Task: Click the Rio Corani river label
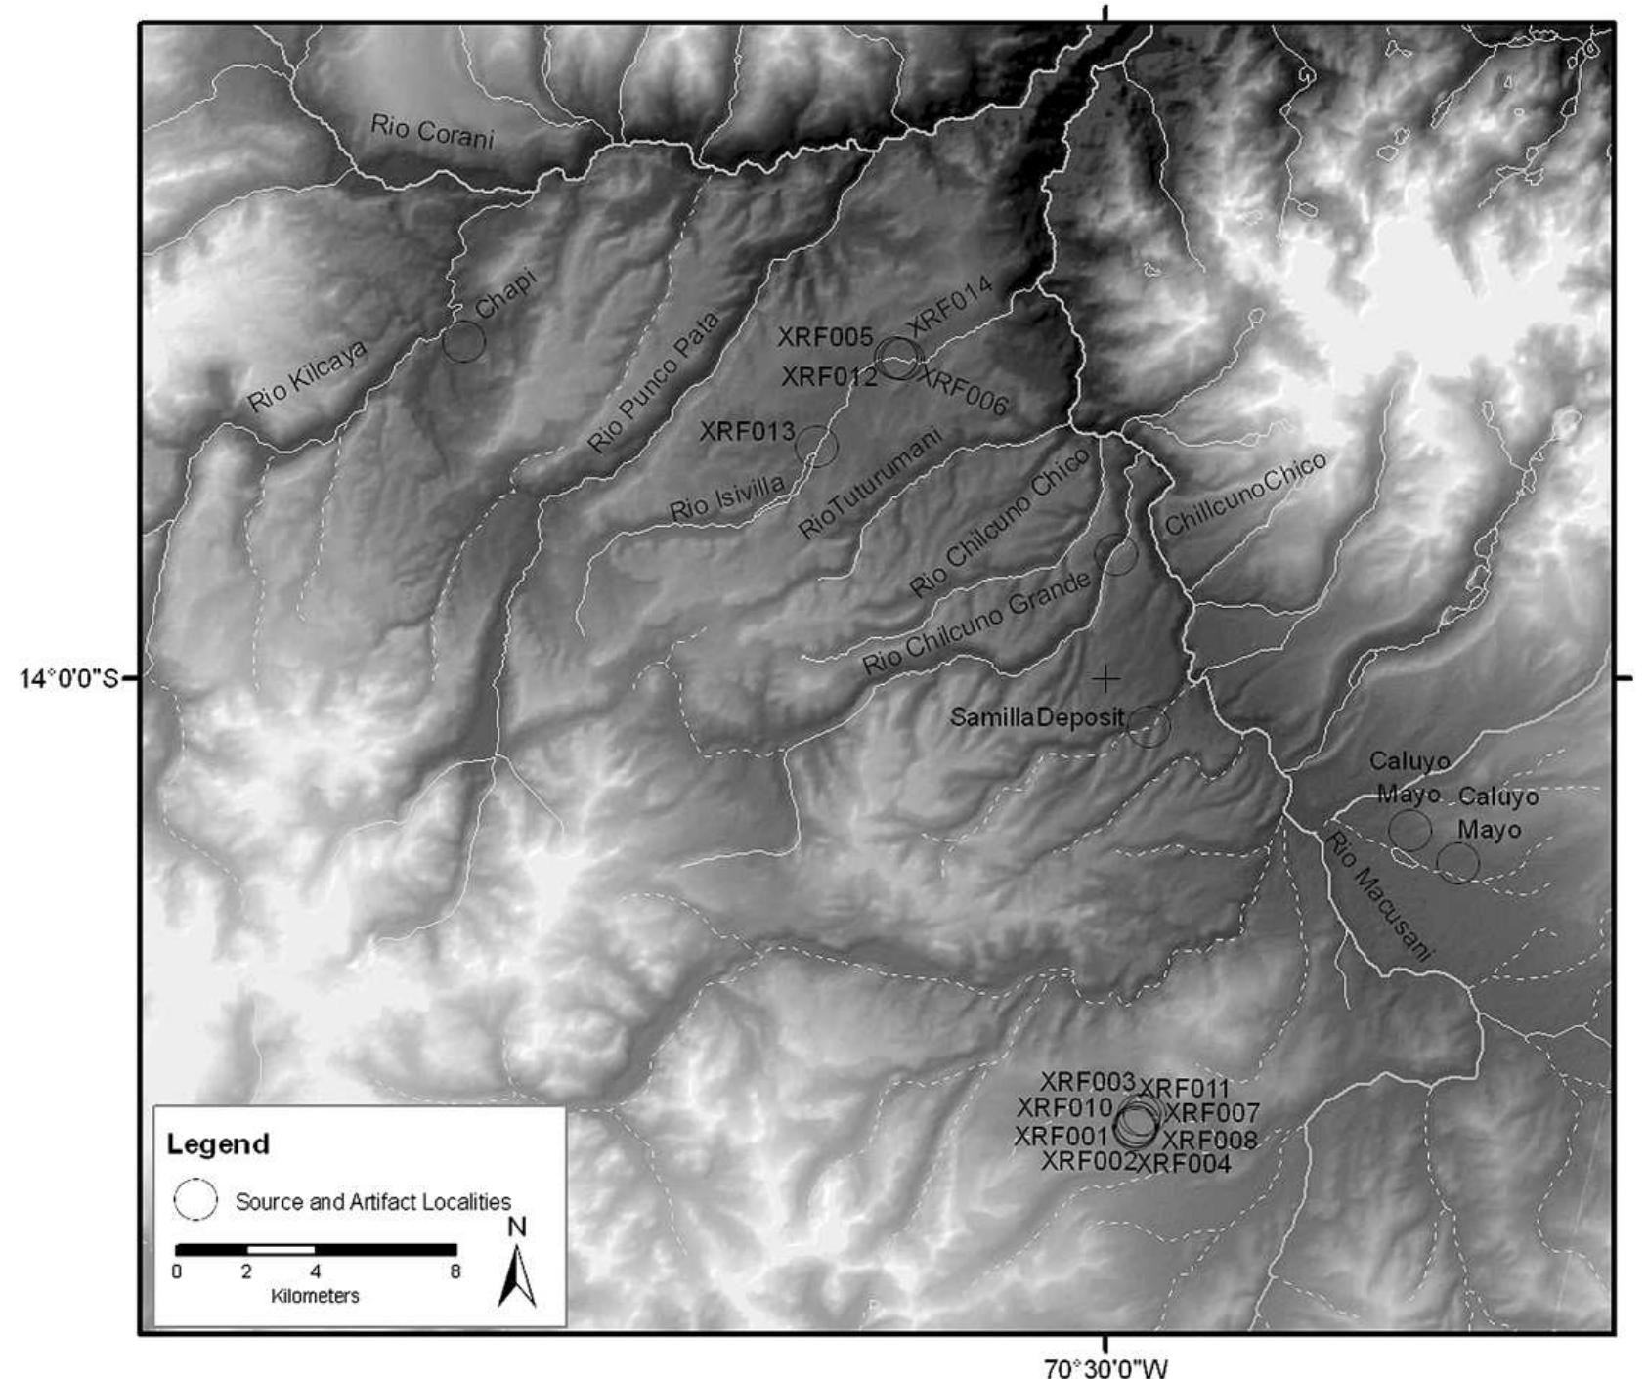pyautogui.click(x=432, y=131)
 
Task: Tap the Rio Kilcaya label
pyautogui.click(x=307, y=376)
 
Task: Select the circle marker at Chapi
pyautogui.click(x=463, y=341)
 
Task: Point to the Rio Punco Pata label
pyautogui.click(x=653, y=382)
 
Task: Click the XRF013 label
pyautogui.click(x=747, y=431)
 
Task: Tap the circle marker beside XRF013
pyautogui.click(x=817, y=447)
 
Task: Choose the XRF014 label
pyautogui.click(x=949, y=305)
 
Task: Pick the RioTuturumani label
pyautogui.click(x=870, y=483)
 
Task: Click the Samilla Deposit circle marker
pyautogui.click(x=1149, y=726)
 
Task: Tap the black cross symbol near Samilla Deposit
pyautogui.click(x=1105, y=677)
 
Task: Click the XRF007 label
pyautogui.click(x=1212, y=1113)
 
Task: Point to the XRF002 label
pyautogui.click(x=1088, y=1161)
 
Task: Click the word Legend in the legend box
pyautogui.click(x=218, y=1143)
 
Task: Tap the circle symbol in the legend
pyautogui.click(x=195, y=1200)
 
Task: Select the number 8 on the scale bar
pyautogui.click(x=455, y=1271)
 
